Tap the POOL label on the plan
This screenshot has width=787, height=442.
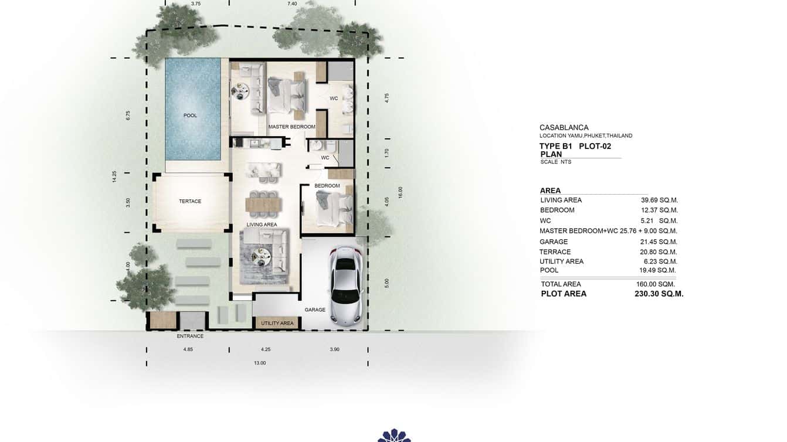tap(190, 115)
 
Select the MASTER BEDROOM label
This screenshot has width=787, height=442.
tap(292, 127)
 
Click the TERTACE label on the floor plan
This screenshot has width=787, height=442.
tap(190, 201)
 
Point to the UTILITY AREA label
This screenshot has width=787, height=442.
tap(277, 323)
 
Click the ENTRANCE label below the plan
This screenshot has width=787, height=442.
tap(190, 336)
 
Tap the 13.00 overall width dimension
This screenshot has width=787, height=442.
tap(260, 363)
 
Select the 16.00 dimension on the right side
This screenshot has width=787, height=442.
tap(401, 192)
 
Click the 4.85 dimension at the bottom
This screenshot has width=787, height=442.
tap(188, 349)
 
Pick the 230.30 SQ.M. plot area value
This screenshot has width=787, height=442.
tap(659, 294)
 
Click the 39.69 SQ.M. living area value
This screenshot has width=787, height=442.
tap(659, 200)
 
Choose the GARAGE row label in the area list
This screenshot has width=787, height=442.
tap(554, 242)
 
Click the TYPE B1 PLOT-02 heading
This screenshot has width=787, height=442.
tap(575, 147)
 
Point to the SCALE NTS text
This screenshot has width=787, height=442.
tap(555, 162)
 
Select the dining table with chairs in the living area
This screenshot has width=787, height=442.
tap(263, 203)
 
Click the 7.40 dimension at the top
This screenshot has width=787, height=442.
tap(292, 4)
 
